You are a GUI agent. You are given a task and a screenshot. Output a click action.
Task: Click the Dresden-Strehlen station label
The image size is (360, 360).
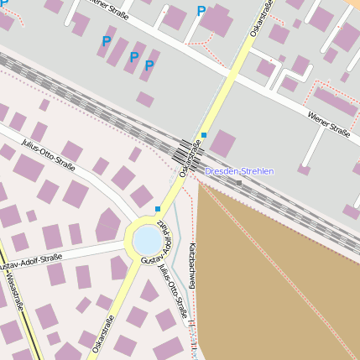coord(239,171)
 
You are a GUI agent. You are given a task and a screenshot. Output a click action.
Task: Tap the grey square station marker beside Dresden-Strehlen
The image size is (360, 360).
coord(239,182)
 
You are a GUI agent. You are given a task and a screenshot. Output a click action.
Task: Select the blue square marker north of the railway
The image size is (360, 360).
coord(204,134)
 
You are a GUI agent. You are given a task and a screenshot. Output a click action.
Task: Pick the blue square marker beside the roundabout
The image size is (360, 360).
coord(158,208)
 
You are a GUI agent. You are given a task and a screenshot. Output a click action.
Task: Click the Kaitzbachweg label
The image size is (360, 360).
coord(192,267)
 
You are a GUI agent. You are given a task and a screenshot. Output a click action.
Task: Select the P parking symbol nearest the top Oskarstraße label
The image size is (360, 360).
coord(201,12)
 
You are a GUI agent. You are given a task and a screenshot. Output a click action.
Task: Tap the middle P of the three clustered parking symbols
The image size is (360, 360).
coord(133,57)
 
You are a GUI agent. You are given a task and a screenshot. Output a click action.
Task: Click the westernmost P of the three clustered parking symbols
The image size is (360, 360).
coord(107,41)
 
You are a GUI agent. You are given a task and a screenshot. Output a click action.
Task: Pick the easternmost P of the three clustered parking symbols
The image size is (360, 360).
coord(149,65)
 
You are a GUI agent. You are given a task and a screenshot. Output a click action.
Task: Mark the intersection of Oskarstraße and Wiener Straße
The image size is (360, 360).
coord(236,74)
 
